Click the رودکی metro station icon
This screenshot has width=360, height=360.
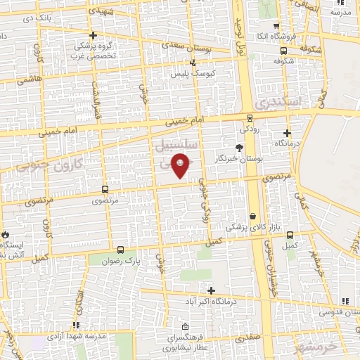(x=250, y=118)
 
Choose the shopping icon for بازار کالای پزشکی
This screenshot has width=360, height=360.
(x=252, y=216)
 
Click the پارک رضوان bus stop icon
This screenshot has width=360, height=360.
(x=120, y=250)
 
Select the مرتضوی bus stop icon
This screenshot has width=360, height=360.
(x=105, y=189)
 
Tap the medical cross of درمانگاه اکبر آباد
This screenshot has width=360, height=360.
(x=211, y=290)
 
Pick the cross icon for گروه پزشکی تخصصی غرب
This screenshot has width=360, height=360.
(x=93, y=35)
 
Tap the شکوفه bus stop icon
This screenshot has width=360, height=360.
(x=283, y=51)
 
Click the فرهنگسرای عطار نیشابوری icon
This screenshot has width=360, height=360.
(x=184, y=327)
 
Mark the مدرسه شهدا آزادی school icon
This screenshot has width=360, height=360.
(x=75, y=325)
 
